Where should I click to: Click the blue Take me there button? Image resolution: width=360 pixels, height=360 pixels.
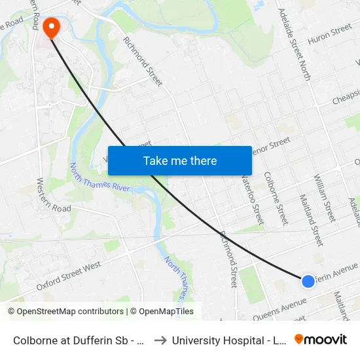coord(180,160)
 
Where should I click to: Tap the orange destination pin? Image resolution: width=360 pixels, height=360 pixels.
coord(50,27)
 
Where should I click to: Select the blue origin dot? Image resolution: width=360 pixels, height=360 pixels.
coord(308,281)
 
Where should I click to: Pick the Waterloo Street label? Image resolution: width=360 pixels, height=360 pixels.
coord(252,194)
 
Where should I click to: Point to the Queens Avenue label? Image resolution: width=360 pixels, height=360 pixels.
coord(279,309)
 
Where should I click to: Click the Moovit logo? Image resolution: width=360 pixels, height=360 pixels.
coord(321,339)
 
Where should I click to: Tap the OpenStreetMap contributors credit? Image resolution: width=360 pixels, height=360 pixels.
coord(65,312)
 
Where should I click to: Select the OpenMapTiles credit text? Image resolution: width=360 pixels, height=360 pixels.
coord(164,312)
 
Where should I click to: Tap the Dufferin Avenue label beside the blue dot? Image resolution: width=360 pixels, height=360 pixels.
coord(337,272)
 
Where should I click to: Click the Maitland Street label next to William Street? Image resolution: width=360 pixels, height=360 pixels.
coord(311,219)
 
